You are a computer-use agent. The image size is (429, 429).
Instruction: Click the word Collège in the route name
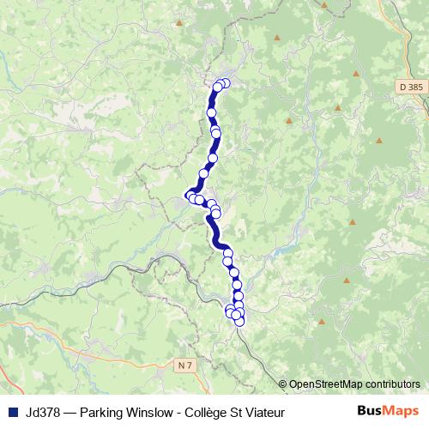click(207, 411)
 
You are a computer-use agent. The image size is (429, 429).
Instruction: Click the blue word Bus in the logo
click(371, 410)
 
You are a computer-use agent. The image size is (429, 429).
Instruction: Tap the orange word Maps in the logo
click(402, 410)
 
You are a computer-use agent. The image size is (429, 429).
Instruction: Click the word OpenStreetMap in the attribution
click(325, 384)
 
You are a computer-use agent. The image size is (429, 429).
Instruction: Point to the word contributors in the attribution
click(391, 384)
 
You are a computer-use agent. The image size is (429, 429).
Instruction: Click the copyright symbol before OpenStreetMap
click(284, 384)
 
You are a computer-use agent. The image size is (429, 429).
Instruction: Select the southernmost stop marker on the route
click(240, 322)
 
